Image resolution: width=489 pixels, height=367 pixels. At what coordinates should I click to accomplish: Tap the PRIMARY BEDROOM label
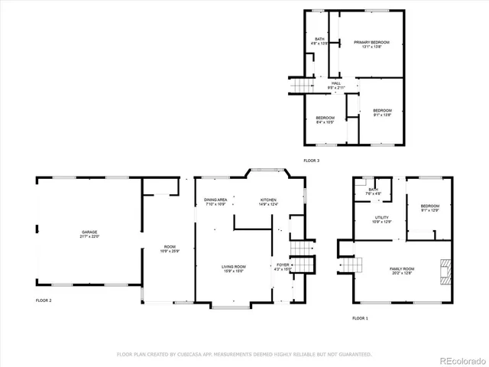point(371,43)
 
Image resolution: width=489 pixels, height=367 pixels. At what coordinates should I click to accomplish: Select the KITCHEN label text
point(267,200)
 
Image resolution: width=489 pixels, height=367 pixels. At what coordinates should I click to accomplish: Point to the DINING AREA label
point(215,200)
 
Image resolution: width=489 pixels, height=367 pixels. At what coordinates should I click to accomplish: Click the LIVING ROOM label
point(234,266)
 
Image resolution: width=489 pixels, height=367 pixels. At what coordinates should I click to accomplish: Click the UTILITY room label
point(381,218)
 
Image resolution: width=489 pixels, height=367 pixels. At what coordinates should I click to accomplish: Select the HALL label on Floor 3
point(335,84)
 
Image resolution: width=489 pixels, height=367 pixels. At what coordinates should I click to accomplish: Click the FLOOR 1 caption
point(360,317)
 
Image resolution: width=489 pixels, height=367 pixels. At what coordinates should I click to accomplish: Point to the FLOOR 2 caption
point(44,300)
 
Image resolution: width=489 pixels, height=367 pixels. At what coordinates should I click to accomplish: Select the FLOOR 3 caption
point(312,161)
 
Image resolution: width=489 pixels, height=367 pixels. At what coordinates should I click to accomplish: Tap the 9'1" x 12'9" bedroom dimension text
point(429,209)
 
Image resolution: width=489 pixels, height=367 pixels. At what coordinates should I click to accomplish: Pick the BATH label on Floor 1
point(373,190)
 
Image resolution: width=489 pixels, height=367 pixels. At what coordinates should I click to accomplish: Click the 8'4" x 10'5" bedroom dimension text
point(325,122)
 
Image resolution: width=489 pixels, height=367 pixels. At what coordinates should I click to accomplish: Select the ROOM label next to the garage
point(169,246)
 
